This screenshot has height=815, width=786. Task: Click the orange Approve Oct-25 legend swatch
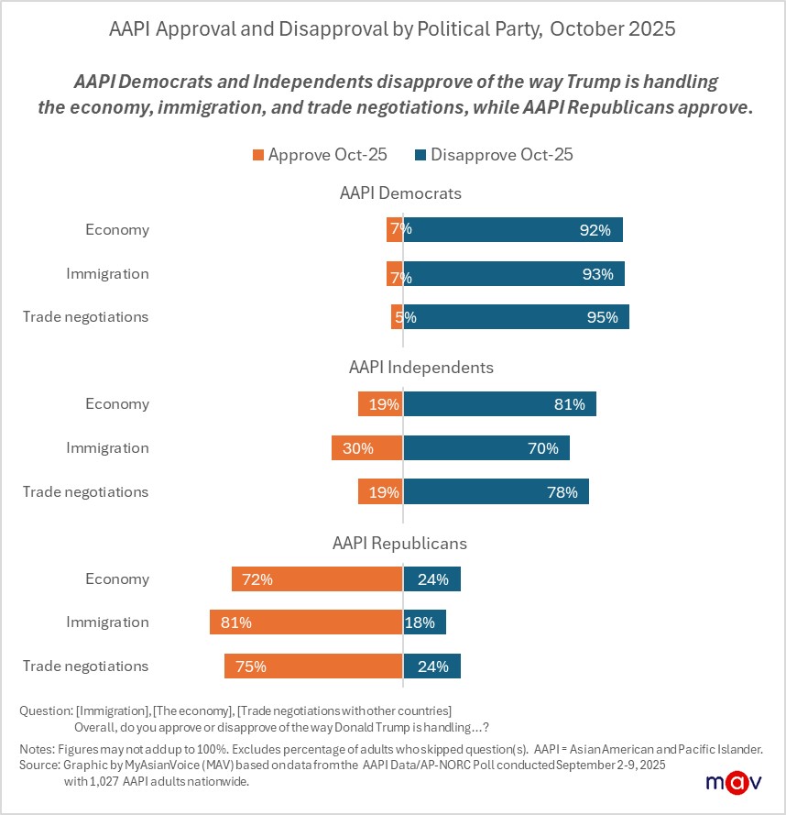257,155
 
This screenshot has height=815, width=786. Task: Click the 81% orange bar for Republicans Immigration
306,622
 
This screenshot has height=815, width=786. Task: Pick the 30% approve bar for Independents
367,448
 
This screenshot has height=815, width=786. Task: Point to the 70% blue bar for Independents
486,448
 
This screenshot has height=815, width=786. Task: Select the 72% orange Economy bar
317,579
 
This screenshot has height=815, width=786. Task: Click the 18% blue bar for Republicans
424,622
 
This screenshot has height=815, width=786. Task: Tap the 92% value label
595,230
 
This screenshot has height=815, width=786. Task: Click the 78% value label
562,492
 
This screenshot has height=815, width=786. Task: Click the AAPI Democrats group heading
400,193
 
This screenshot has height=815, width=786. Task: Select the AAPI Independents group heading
420,368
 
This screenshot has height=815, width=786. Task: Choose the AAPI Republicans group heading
399,543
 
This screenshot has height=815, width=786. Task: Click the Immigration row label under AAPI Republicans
107,622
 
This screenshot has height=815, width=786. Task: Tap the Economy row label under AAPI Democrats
116,230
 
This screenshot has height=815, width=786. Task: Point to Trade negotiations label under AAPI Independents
85,492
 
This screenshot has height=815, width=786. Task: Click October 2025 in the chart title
613,28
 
